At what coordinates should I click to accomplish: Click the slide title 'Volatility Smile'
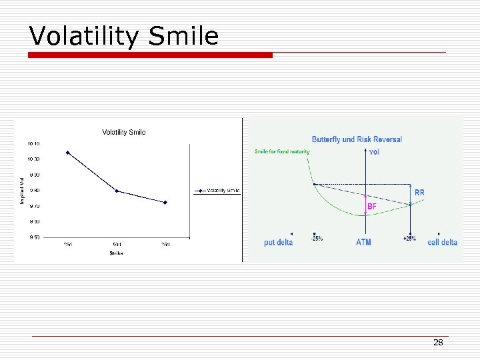pos(124,36)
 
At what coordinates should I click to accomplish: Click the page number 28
pos(438,343)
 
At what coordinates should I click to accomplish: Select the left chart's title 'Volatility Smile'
pos(124,132)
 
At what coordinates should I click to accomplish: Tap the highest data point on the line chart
pos(68,153)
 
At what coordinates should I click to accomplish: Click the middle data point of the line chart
pos(117,191)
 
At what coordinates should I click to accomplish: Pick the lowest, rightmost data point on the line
pos(165,202)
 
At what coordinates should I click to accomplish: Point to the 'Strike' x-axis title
pos(117,253)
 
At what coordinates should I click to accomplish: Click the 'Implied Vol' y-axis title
pos(22,191)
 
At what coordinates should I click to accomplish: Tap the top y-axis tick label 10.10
pos(33,144)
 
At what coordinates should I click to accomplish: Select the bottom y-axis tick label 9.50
pos(33,237)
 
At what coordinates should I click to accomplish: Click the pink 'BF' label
pos(372,207)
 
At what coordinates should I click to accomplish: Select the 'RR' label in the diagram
pos(419,193)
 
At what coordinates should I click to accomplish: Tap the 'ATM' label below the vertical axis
pos(363,243)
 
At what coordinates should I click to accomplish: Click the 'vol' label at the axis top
pos(375,152)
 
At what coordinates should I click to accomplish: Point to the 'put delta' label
pos(278,243)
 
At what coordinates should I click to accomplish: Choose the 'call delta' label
pos(443,243)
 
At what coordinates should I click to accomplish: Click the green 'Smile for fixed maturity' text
pos(282,152)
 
